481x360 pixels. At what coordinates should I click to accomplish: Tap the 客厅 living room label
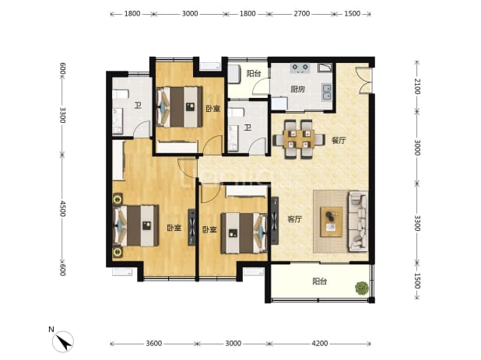295,219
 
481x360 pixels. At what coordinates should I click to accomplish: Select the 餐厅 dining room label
339,141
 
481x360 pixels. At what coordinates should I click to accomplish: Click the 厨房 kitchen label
298,89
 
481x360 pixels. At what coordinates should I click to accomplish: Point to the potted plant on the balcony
362,288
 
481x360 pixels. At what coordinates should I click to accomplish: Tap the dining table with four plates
299,139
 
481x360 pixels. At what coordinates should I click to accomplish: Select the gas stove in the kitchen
300,68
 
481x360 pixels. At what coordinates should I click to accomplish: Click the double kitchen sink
327,93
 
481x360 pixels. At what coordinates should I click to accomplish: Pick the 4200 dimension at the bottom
320,344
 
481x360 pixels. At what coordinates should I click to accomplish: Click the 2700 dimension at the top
302,13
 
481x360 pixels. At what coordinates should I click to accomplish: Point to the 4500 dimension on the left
63,208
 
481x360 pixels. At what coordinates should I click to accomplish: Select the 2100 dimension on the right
417,86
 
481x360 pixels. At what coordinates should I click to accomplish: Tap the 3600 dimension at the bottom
153,344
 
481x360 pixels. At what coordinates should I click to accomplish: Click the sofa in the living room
358,221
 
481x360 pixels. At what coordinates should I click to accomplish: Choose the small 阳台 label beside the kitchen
254,74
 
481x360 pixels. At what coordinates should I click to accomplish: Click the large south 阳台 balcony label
320,281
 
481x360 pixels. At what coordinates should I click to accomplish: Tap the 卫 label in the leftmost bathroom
138,106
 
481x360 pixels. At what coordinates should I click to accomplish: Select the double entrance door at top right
364,80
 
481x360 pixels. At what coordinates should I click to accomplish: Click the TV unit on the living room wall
275,221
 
